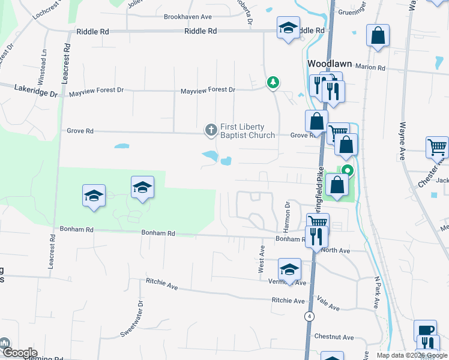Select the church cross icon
[x=211, y=129]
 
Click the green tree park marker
[x=273, y=82]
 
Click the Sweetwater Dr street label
[x=131, y=318]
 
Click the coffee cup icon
[x=425, y=331]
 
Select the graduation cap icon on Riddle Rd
[x=288, y=28]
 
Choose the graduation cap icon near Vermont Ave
[x=289, y=269]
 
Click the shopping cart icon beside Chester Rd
[x=437, y=147]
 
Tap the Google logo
[x=19, y=353]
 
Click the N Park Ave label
[x=376, y=292]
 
